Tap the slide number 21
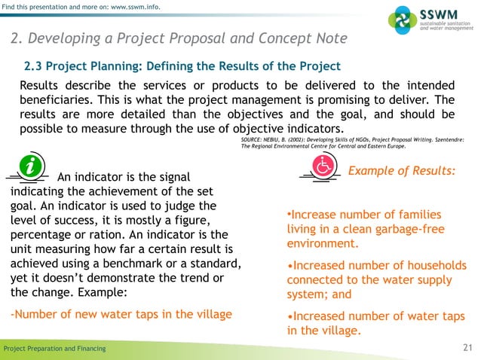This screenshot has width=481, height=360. [x=466, y=348]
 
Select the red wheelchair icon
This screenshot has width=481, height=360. [x=322, y=168]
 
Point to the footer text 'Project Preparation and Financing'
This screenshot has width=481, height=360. [x=55, y=349]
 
